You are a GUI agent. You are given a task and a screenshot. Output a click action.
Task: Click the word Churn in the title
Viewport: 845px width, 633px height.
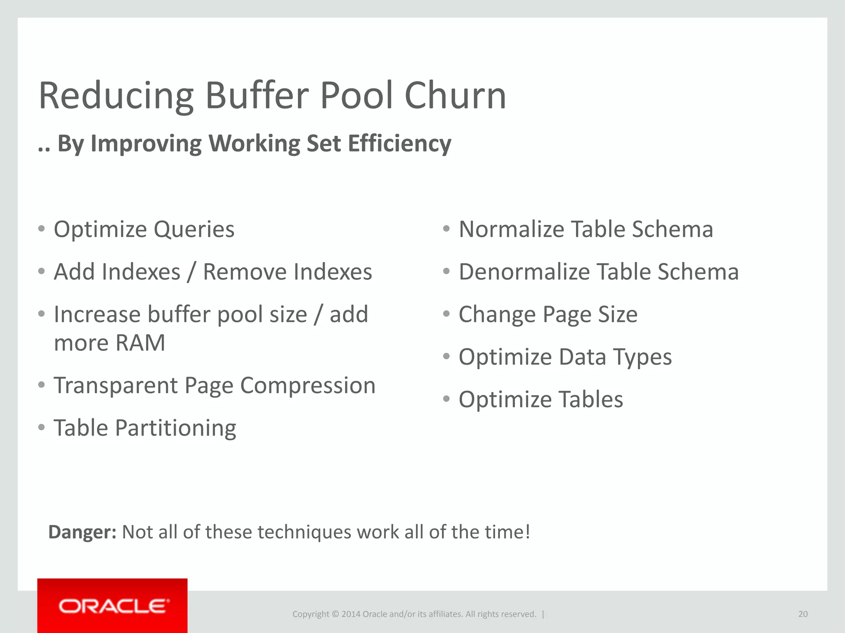(x=455, y=96)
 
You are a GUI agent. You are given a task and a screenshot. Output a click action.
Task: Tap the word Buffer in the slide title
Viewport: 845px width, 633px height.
(x=257, y=96)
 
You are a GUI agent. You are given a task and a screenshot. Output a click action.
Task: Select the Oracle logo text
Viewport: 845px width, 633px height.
(x=113, y=606)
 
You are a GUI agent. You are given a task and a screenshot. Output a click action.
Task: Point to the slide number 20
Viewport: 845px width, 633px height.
(x=803, y=614)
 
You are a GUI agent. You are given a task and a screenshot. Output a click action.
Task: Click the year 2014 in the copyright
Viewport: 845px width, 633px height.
(x=351, y=614)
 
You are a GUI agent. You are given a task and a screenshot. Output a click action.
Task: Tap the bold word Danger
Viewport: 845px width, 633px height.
(x=82, y=532)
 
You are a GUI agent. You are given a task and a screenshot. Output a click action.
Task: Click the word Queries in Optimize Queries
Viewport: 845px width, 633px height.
(x=194, y=230)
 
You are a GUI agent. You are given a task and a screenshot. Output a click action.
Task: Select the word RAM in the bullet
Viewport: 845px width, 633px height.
(x=140, y=343)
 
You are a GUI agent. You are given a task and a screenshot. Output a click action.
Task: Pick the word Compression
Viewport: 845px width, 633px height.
(x=308, y=386)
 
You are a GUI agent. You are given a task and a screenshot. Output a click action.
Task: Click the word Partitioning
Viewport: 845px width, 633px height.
(x=175, y=428)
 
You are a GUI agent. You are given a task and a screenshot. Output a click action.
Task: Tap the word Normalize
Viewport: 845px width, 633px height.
(x=511, y=229)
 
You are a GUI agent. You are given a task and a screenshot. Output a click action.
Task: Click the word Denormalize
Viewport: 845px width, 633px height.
(x=524, y=272)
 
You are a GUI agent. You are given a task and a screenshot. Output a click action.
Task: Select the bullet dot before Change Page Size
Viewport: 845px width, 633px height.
(x=446, y=314)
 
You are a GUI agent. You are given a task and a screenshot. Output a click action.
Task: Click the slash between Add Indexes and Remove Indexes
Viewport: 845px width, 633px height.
(x=191, y=272)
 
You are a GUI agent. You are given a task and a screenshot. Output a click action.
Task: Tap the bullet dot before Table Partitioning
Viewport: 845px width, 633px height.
(x=41, y=427)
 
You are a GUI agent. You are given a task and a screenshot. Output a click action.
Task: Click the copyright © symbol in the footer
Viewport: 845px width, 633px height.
(x=335, y=614)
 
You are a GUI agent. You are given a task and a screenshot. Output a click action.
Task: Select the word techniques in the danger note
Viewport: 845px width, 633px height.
(x=305, y=532)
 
